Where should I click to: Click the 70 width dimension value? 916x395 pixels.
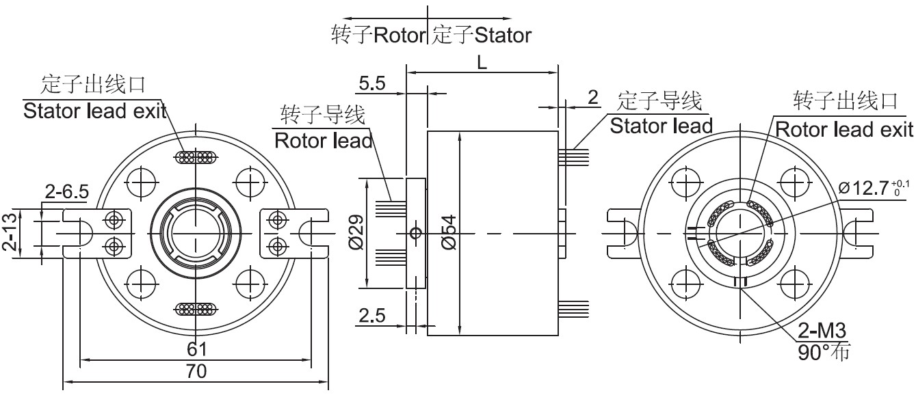click(x=196, y=372)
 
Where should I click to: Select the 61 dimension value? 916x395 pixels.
click(x=196, y=349)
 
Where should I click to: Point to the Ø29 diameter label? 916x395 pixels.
click(x=356, y=232)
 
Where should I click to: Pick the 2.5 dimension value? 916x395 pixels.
click(x=372, y=316)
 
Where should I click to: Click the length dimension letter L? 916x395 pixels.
click(x=482, y=63)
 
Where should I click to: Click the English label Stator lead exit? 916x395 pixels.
click(x=94, y=111)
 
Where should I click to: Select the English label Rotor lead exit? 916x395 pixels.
click(x=844, y=129)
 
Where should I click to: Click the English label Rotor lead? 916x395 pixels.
click(x=323, y=140)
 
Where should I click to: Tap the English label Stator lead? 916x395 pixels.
click(x=661, y=126)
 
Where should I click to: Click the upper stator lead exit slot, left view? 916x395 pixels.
click(x=196, y=158)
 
